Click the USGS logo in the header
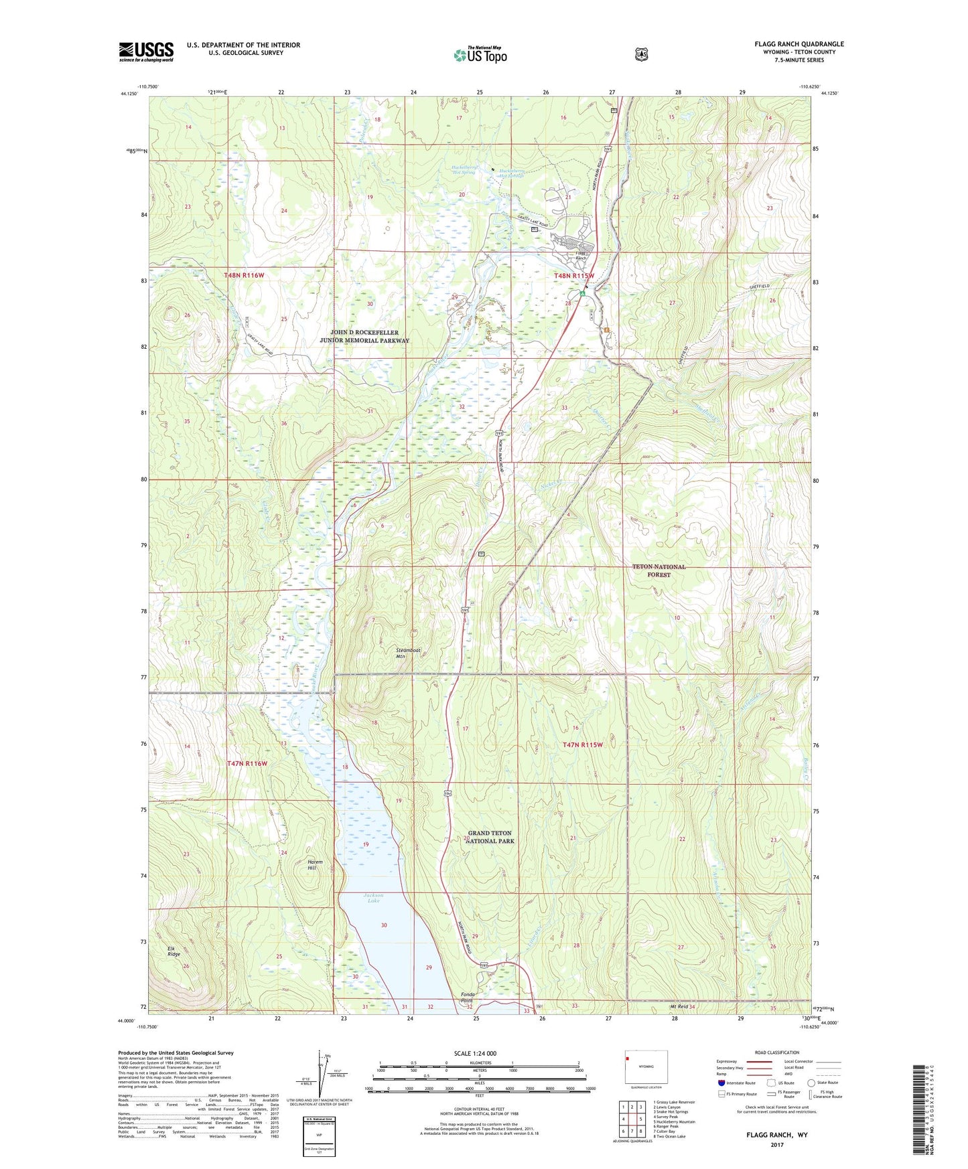[x=146, y=52]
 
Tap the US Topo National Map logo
[x=479, y=54]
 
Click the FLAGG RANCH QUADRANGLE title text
[x=799, y=44]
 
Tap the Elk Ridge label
[x=174, y=951]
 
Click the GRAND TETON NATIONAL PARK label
[x=490, y=837]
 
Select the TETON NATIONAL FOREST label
[x=659, y=570]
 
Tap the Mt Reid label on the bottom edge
[x=679, y=1007]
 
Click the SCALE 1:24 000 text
[x=475, y=1053]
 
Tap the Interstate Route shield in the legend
[x=721, y=1083]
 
